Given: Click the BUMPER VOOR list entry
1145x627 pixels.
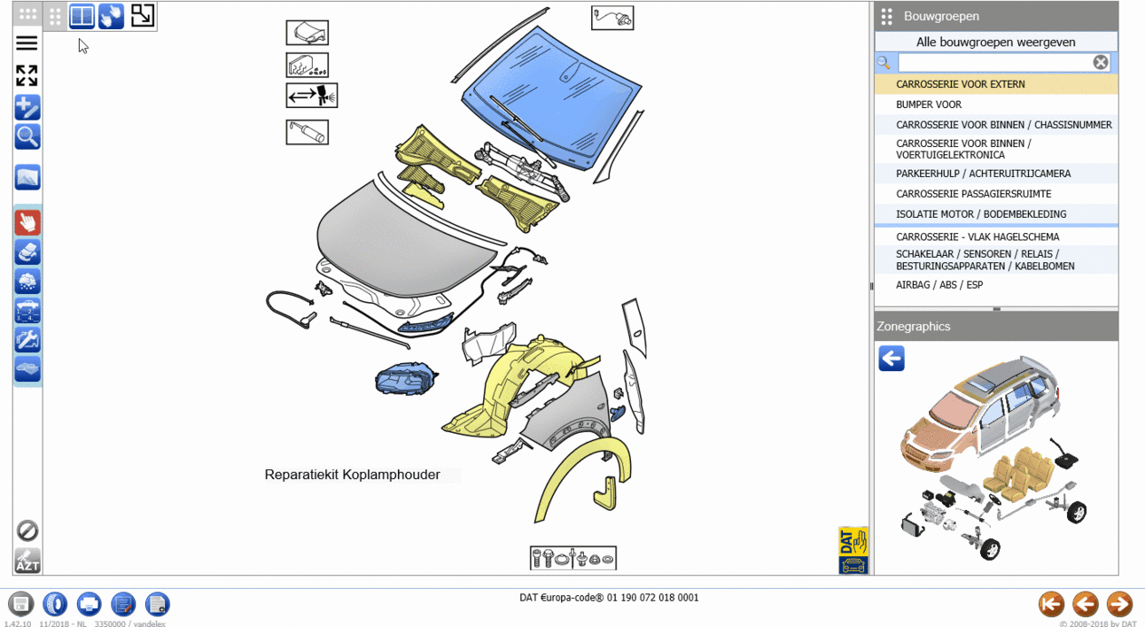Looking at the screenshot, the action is [x=928, y=104].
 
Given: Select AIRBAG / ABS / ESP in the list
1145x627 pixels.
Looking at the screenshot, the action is [x=939, y=284].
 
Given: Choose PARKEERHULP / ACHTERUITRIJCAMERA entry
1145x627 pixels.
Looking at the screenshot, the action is [x=983, y=174].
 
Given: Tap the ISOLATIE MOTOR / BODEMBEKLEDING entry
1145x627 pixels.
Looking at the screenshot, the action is [x=981, y=214].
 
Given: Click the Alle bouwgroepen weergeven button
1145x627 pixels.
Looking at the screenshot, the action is [x=996, y=42].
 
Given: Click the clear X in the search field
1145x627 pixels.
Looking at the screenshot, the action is [x=1101, y=62].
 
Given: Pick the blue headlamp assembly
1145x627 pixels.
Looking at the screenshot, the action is [x=405, y=379].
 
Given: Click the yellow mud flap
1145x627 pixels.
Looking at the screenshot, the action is [x=605, y=493].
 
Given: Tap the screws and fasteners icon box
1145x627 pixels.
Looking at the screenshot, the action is [x=573, y=558].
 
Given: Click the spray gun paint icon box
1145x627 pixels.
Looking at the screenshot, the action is [x=312, y=96].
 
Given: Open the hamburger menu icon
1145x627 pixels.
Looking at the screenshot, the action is [x=27, y=43].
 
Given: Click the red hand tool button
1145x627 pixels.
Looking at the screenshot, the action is [x=27, y=223].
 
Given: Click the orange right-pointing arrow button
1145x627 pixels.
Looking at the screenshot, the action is [x=1119, y=605].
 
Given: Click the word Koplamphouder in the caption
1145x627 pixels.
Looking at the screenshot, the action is [x=391, y=475].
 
